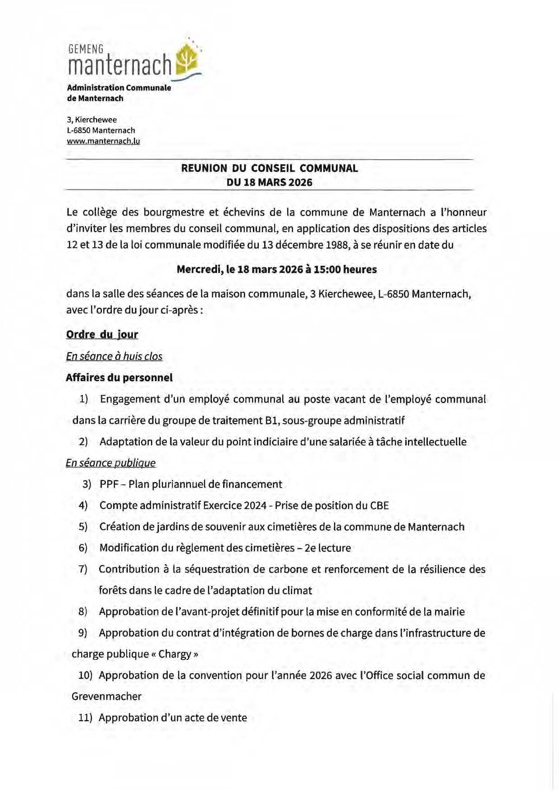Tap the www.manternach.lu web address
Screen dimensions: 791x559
point(103,141)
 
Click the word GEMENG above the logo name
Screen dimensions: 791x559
point(86,49)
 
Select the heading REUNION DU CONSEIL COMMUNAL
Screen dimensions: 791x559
point(269,168)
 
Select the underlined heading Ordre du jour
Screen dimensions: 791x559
point(102,334)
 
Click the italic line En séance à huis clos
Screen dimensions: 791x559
point(114,356)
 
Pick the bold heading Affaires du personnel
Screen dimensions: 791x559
point(119,377)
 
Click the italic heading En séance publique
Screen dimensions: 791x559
point(110,463)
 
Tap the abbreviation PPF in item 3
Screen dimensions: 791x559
point(109,484)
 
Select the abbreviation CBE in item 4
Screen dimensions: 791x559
point(379,506)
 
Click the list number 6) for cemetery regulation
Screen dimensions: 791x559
point(83,548)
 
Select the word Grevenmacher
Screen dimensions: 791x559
point(106,696)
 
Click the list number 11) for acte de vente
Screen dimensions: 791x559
point(85,717)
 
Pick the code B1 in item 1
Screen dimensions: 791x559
point(270,420)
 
